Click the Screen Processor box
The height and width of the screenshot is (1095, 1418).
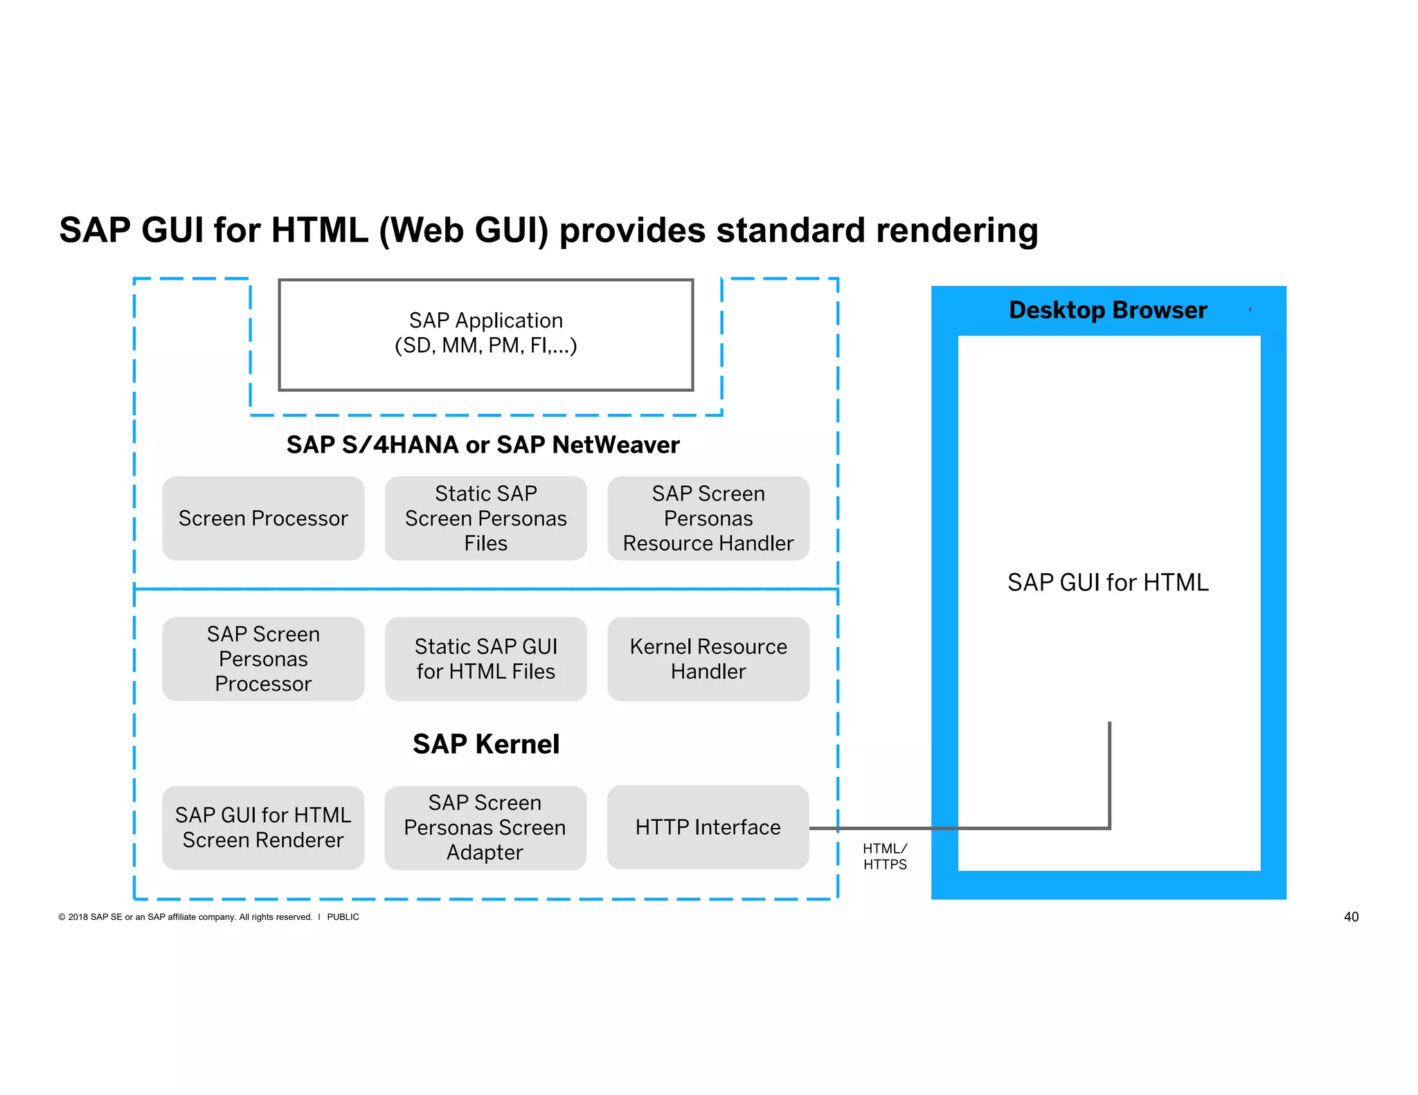(263, 518)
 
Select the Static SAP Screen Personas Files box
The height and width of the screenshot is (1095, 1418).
(485, 518)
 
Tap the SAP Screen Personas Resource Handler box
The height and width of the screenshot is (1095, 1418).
(708, 518)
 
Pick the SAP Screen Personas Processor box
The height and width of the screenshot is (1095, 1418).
(263, 659)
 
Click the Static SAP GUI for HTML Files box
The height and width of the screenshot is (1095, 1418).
(485, 659)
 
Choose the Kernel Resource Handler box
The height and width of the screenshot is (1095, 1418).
(708, 659)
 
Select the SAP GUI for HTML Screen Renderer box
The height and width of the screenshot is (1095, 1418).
(263, 827)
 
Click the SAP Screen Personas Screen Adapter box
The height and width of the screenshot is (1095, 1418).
(485, 827)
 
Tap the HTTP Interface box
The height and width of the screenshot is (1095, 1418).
(708, 827)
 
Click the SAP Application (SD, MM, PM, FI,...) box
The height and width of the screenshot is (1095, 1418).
(485, 334)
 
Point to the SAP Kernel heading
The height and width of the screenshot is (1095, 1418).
(485, 744)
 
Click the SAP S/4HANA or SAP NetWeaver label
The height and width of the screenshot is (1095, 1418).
(483, 444)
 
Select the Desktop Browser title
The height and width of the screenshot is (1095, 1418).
(1108, 310)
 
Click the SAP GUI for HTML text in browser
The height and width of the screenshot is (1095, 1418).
(1108, 582)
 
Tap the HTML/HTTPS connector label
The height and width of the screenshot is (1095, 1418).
(884, 856)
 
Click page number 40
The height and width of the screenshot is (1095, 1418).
(1351, 916)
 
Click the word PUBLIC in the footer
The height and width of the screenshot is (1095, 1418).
(343, 917)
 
